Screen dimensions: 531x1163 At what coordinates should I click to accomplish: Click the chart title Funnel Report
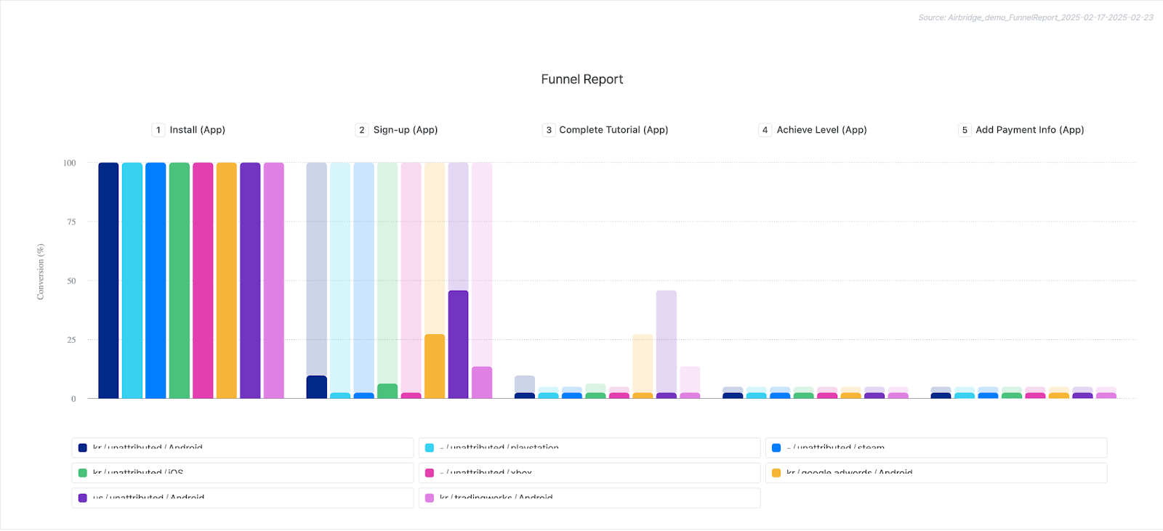581,79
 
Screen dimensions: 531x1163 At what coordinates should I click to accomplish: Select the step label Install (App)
197,130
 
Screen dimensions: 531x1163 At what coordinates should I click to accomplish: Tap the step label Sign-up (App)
405,130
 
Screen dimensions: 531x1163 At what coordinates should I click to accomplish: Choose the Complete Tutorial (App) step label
613,130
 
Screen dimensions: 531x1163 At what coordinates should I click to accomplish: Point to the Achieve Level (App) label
821,130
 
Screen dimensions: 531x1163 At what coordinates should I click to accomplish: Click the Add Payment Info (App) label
1029,130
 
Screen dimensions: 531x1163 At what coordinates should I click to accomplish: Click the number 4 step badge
765,130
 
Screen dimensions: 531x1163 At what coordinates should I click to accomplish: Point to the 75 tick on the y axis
71,222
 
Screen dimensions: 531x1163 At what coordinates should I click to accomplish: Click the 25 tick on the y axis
71,340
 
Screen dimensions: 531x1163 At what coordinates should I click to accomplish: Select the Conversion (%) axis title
41,272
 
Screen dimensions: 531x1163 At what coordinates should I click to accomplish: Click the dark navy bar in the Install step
108,280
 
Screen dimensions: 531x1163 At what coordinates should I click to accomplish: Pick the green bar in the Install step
180,280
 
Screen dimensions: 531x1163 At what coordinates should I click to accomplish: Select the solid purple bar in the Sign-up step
458,344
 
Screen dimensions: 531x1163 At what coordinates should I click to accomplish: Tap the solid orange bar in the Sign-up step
435,366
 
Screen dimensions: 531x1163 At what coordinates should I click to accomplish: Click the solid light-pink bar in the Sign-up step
482,382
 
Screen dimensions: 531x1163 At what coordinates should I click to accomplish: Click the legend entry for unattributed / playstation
502,447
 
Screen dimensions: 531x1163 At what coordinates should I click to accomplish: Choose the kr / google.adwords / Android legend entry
849,473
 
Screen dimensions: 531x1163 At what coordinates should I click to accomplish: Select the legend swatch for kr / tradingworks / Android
430,498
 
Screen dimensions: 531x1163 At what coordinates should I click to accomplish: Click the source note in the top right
1035,17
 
